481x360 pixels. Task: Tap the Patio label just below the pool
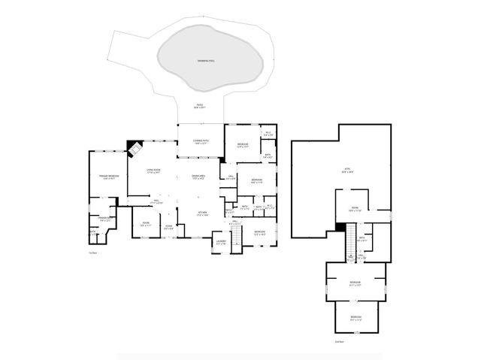pyautogui.click(x=200, y=105)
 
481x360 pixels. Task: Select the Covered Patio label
pyautogui.click(x=200, y=141)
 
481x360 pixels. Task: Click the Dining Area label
pyautogui.click(x=199, y=177)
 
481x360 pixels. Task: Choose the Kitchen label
pyautogui.click(x=201, y=214)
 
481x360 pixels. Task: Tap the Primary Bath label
pyautogui.click(x=103, y=219)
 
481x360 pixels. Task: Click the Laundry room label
pyautogui.click(x=220, y=242)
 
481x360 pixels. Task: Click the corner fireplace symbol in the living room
pyautogui.click(x=135, y=148)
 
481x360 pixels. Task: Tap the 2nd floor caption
pyautogui.click(x=339, y=341)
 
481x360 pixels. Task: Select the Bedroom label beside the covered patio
pyautogui.click(x=243, y=145)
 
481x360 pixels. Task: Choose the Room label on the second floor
pyautogui.click(x=354, y=210)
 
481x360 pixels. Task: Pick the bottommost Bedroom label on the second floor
pyautogui.click(x=356, y=317)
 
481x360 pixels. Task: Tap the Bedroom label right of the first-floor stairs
pyautogui.click(x=259, y=232)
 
